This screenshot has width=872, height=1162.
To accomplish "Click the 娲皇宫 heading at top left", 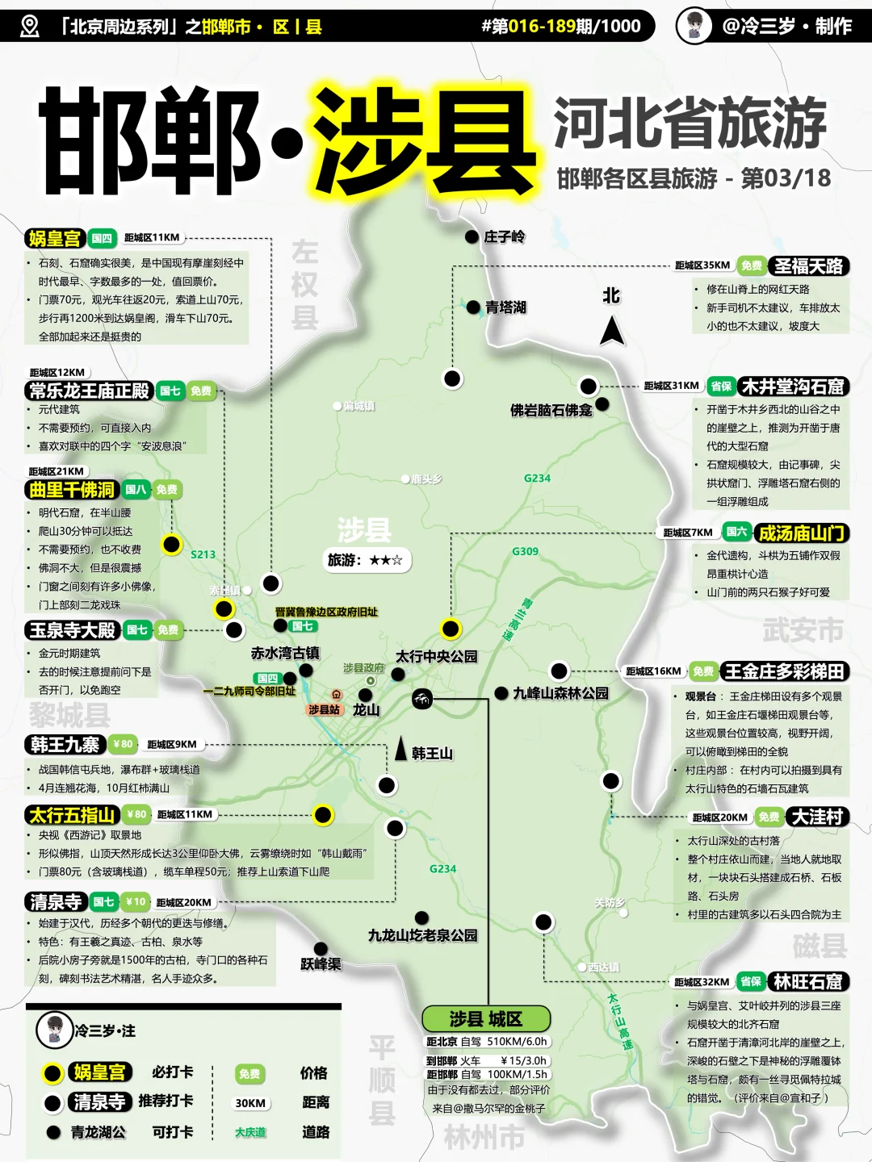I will (x=55, y=238).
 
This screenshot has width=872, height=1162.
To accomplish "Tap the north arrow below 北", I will (x=612, y=330).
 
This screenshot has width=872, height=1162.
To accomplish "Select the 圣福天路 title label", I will (x=807, y=266).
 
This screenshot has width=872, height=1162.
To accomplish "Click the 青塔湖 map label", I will (x=505, y=307).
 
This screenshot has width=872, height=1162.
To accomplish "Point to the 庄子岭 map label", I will (x=504, y=236).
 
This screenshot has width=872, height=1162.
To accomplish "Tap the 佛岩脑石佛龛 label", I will (x=551, y=410).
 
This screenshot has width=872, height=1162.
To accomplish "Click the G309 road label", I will (x=525, y=551).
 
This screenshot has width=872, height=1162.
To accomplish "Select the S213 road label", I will (x=203, y=554).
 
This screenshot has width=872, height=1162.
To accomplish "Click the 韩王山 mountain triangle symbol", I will (x=400, y=749).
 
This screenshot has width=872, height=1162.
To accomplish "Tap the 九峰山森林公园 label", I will (x=560, y=693).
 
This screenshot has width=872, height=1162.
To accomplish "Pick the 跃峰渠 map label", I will (x=321, y=963).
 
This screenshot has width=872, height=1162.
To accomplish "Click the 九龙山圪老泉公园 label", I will (x=422, y=935).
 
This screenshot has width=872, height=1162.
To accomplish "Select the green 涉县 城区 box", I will (x=486, y=1018).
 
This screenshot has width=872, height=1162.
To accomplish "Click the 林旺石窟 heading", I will (x=807, y=982).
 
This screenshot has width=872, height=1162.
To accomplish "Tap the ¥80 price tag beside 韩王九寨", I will (x=124, y=745).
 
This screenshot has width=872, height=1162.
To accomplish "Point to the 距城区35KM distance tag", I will (x=702, y=265).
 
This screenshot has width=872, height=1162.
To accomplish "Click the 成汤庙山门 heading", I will (x=801, y=533).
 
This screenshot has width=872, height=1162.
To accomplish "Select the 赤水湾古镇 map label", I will (x=285, y=653).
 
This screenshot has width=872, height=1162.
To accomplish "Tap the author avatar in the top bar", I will (x=694, y=26).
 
